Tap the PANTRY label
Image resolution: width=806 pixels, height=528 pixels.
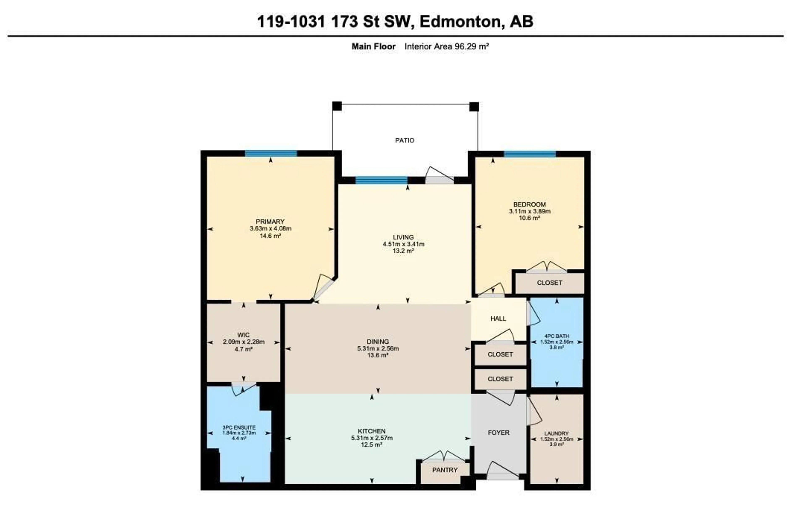coord(445,470)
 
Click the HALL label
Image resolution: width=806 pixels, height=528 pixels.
coord(498,319)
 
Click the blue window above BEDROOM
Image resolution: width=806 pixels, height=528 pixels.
coord(529,154)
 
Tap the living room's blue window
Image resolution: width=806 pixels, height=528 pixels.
coord(381,180)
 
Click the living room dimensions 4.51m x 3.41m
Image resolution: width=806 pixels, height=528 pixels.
coord(403,244)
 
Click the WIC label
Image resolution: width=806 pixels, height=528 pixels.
coord(243,335)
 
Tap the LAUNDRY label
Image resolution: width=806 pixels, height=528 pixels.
coord(556,433)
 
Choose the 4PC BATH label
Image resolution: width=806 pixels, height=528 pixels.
coord(556,336)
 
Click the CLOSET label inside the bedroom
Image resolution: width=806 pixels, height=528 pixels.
coord(549,283)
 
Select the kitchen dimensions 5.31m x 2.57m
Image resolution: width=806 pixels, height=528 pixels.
coord(372,438)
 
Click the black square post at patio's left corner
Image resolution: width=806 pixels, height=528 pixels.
coord(337,106)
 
